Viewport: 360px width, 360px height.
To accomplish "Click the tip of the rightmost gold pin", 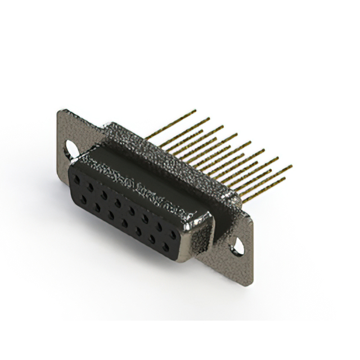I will point(291,166).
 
